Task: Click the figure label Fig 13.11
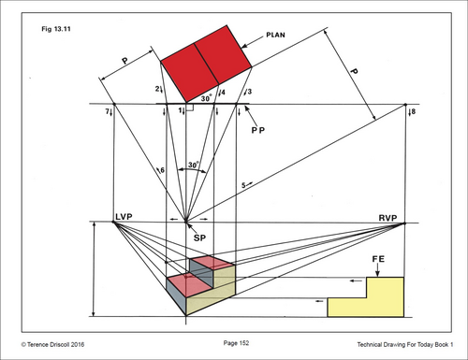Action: [56, 29]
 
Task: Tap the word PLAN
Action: [275, 35]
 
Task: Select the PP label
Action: [258, 130]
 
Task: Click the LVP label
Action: [124, 217]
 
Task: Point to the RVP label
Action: [388, 218]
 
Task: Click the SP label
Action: [199, 238]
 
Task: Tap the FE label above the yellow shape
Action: [378, 259]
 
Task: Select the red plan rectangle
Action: [206, 64]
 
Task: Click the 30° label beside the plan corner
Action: [206, 98]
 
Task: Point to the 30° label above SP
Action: [193, 165]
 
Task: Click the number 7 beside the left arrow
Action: [107, 111]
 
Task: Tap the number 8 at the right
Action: [414, 111]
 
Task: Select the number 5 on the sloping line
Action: [243, 185]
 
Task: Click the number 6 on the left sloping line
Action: [162, 170]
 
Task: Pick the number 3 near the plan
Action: [249, 92]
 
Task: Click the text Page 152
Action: [236, 343]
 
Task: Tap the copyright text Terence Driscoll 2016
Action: [55, 344]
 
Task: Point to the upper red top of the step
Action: [212, 263]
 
